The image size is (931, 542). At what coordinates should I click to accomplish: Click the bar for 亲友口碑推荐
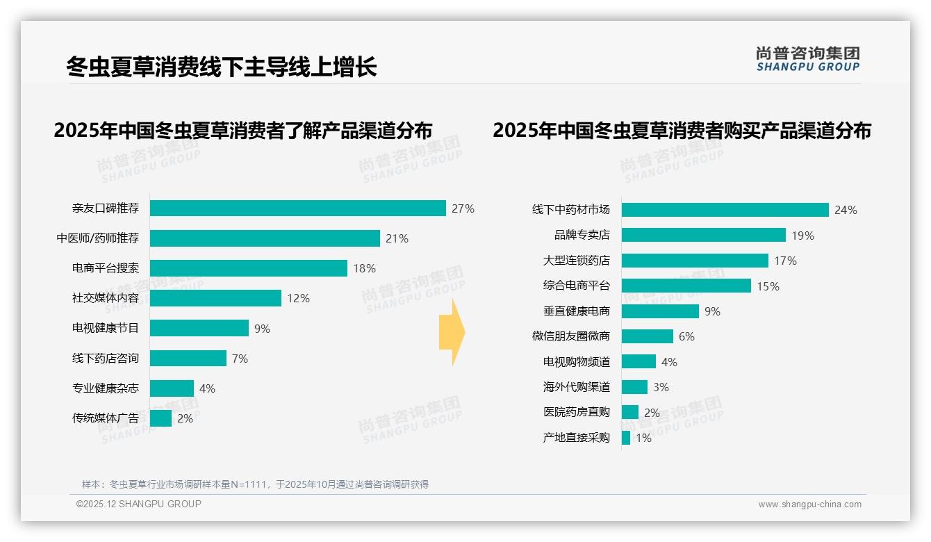pos(297,208)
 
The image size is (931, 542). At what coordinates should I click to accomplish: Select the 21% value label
pos(397,238)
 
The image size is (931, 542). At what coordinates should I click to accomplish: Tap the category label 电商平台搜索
pos(106,268)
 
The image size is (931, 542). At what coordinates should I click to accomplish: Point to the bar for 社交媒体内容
pos(215,298)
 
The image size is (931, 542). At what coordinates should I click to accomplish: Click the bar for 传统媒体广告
pos(160,418)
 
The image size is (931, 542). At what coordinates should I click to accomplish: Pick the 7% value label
pos(240,359)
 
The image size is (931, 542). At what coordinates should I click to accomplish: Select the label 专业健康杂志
pos(106,388)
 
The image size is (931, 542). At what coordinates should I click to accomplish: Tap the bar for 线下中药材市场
pos(725,210)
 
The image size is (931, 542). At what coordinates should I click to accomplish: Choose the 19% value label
pos(802,236)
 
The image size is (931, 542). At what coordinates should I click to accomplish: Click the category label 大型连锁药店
pos(576,261)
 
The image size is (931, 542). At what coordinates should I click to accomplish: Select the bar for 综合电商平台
pos(686,286)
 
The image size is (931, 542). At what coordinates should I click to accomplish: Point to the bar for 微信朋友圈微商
pos(647,336)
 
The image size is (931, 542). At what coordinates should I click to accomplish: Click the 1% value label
pos(643,438)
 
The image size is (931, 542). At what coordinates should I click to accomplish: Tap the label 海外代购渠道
pos(576,387)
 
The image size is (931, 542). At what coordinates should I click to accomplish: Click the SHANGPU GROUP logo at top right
pos(807,59)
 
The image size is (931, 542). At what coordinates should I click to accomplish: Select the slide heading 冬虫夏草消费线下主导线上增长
pos(221,67)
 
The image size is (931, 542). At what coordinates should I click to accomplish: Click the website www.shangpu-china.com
pos(809,504)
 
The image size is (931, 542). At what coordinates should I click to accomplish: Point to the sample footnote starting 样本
pos(255,484)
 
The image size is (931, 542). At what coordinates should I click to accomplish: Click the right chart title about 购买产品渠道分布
pos(682,131)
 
